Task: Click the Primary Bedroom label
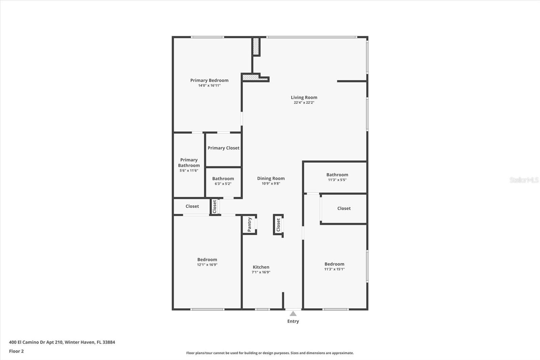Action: point(209,80)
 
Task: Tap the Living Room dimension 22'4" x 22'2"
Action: point(304,103)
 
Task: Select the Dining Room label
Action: point(271,178)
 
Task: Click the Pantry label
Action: point(249,225)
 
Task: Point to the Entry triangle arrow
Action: point(293,314)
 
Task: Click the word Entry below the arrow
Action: point(293,321)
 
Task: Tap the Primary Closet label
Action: point(223,148)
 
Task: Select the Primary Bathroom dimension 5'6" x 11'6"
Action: point(189,171)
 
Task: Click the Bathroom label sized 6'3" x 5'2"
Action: point(223,179)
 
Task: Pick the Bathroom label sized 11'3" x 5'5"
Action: point(337,175)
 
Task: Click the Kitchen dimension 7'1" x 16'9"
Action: point(261,272)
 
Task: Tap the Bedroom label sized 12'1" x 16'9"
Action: point(207,260)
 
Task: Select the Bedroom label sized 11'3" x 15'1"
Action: point(334,264)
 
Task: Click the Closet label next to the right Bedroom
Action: point(344,208)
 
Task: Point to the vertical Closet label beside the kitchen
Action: point(278,225)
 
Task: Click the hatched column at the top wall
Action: point(256,47)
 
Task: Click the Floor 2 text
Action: point(16,351)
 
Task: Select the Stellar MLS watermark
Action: point(524,180)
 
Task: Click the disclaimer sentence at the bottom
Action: point(270,353)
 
